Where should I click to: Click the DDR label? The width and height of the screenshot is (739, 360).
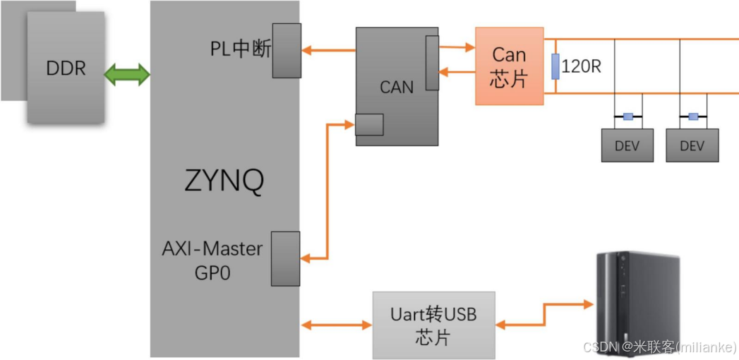(66, 68)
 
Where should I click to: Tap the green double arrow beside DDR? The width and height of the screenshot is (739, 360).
(127, 73)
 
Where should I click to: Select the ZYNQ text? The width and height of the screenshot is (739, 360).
(224, 181)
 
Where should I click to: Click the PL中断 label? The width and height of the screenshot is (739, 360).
(240, 49)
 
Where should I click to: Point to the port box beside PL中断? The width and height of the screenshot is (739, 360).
(287, 50)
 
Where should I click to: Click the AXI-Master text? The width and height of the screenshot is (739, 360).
(212, 248)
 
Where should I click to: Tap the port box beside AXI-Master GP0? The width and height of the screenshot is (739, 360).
(287, 258)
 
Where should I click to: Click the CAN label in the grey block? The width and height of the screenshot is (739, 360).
(397, 87)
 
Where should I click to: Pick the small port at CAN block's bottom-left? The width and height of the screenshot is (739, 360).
(369, 124)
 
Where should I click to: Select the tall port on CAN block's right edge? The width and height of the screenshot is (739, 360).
(431, 64)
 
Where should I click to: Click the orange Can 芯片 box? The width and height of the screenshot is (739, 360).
(509, 66)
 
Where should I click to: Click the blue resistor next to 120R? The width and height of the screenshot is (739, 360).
(555, 66)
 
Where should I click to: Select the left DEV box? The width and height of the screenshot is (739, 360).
(627, 145)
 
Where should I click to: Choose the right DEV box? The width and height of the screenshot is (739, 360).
(692, 145)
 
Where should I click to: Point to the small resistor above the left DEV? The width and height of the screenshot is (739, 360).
(627, 116)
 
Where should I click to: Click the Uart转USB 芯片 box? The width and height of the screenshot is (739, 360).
(433, 325)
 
